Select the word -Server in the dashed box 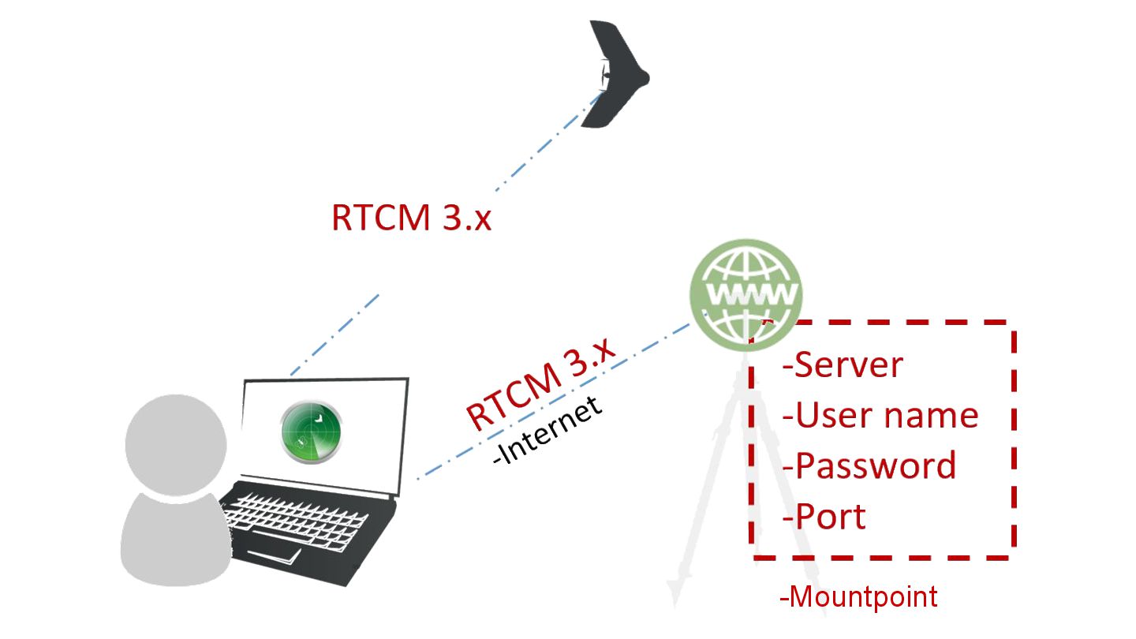(843, 364)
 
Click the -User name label (880, 415)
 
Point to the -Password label (869, 465)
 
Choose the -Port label (824, 517)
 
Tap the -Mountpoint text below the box (858, 596)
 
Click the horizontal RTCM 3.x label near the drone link (411, 218)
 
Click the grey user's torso (170, 540)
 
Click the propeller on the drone (604, 77)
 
